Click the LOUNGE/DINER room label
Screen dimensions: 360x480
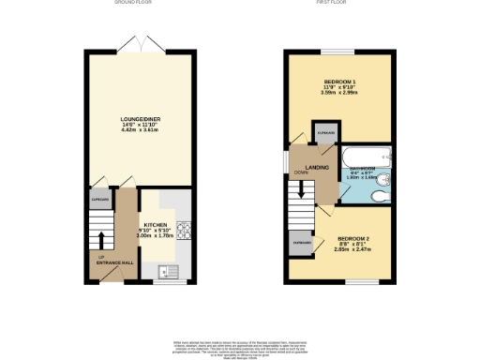point(141,119)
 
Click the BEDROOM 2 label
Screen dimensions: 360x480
point(353,241)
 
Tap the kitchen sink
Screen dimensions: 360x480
point(170,272)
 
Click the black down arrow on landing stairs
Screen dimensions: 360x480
point(302,187)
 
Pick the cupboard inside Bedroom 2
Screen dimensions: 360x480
point(302,243)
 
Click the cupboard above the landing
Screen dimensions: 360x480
point(324,133)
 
